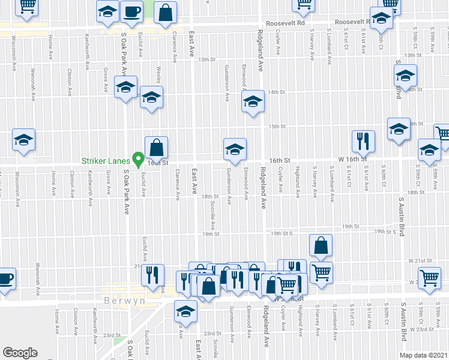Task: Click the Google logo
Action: coord(20,353)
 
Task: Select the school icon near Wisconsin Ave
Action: coord(24,140)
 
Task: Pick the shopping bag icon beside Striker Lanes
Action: coord(156,148)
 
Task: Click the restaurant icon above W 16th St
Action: coord(363,141)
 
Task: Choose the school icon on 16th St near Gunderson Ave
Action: coord(235,149)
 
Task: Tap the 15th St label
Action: coord(276,127)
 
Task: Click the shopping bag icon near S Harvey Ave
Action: coord(321,245)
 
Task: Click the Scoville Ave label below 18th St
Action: coord(213,210)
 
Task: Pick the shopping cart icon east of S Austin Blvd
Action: coord(430,278)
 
